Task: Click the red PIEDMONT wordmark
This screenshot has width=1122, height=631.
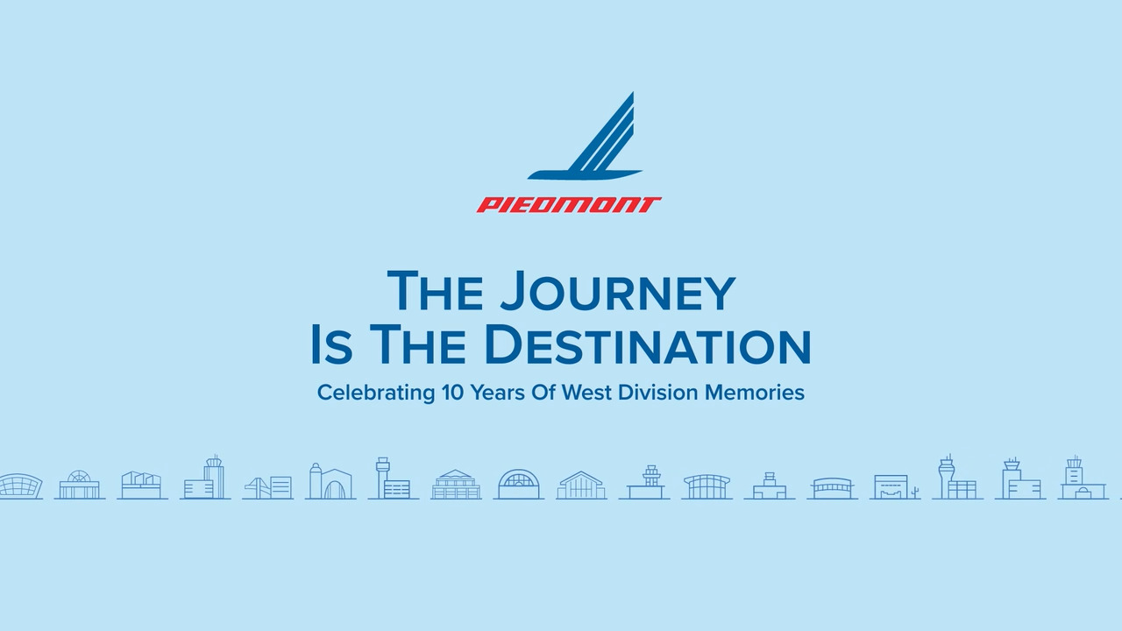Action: click(x=569, y=205)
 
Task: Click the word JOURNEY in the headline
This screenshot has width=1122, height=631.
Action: click(x=618, y=292)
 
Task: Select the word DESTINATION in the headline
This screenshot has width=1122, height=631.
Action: click(x=648, y=344)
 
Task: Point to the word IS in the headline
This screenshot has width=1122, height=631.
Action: click(x=331, y=344)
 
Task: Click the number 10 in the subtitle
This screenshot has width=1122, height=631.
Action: click(x=452, y=392)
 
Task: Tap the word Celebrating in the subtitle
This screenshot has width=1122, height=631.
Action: click(x=376, y=393)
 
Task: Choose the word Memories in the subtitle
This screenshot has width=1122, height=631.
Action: click(x=755, y=392)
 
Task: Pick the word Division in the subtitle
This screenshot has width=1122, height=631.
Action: click(x=658, y=392)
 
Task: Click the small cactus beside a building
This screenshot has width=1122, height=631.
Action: click(x=915, y=492)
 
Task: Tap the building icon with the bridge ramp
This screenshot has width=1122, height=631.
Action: click(x=268, y=487)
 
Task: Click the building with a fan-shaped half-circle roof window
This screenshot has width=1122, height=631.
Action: click(x=80, y=485)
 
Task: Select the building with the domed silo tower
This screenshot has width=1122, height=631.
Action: click(x=330, y=481)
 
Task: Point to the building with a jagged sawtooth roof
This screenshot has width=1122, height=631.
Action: click(x=142, y=486)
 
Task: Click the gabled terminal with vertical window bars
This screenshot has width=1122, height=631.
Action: click(x=581, y=485)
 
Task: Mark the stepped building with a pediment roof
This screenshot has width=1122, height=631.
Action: click(x=456, y=485)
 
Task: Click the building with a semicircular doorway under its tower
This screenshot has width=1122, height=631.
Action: click(x=1083, y=479)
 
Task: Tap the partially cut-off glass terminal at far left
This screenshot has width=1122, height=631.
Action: click(x=20, y=486)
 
